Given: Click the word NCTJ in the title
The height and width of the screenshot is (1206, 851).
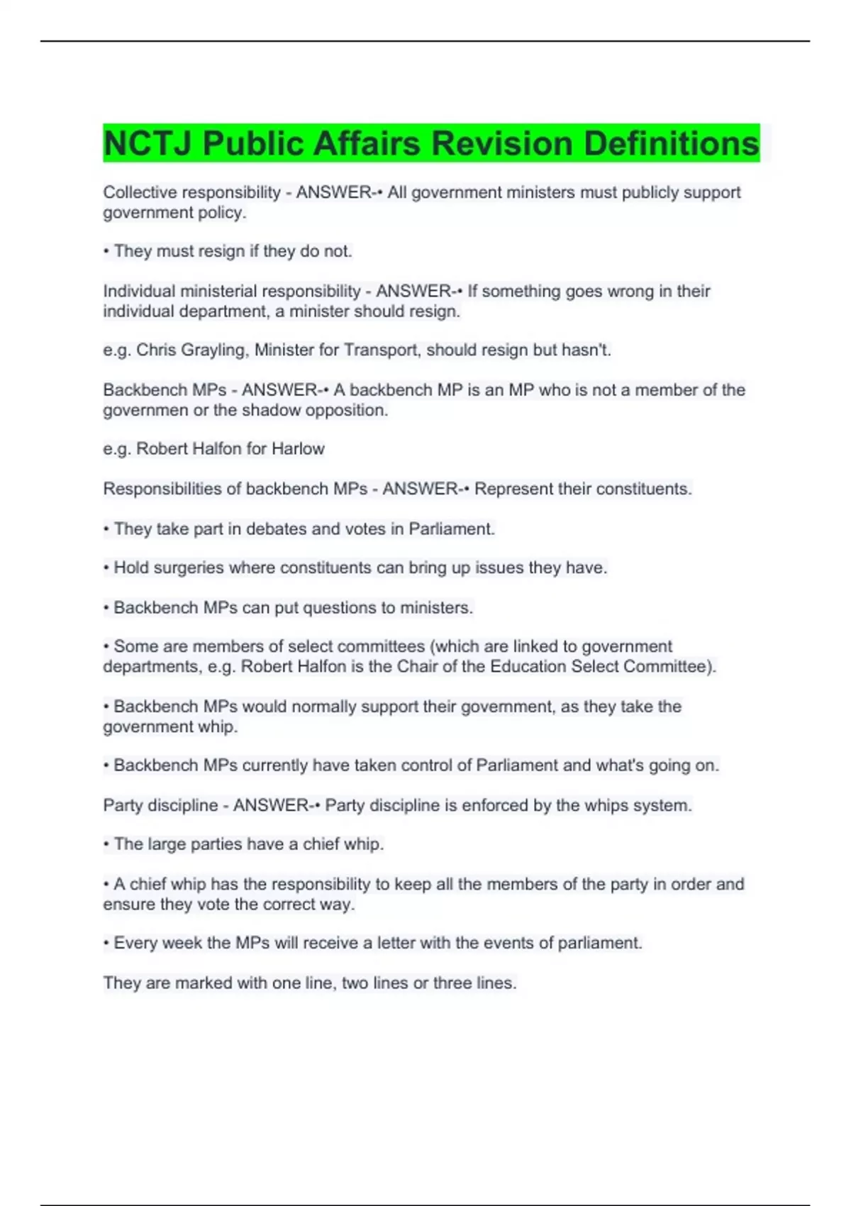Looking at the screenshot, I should (148, 144).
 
